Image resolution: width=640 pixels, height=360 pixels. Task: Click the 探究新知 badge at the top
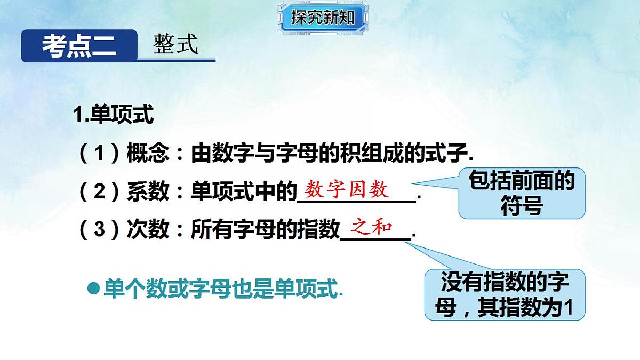click(x=323, y=18)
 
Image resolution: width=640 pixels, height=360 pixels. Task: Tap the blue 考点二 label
click(x=79, y=46)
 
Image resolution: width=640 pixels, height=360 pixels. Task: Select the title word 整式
click(x=175, y=45)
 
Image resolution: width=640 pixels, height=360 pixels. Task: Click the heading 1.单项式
click(x=113, y=115)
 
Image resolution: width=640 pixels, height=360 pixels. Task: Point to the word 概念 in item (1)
click(x=148, y=154)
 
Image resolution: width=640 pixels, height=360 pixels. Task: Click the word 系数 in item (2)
click(x=148, y=191)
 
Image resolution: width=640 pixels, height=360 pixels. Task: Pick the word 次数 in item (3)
click(x=148, y=230)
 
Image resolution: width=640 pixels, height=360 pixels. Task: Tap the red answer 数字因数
click(x=347, y=189)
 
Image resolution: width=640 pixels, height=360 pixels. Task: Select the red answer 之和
click(x=371, y=228)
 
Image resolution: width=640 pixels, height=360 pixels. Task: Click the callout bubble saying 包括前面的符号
click(x=521, y=193)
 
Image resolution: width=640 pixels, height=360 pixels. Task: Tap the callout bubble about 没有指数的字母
click(x=504, y=295)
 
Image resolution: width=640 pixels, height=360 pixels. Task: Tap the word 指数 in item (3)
click(x=318, y=230)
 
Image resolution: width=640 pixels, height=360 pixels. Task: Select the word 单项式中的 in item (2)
click(x=243, y=191)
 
